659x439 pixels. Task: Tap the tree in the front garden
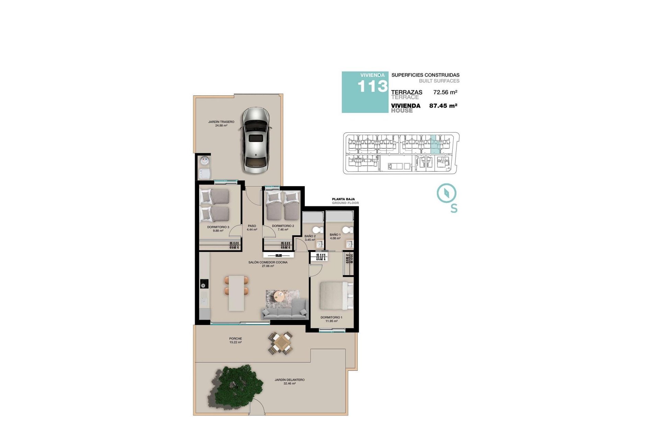pos(237,386)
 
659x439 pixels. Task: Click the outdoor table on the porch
pos(281,343)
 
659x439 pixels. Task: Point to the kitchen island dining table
pos(236,293)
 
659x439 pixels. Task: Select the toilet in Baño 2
pos(318,230)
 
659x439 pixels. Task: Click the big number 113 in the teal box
pos(372,86)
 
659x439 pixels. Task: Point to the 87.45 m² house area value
pos(443,106)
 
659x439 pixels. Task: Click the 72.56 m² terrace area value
pos(445,92)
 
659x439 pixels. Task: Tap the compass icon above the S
pos(447,193)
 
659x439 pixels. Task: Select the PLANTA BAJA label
pos(343,199)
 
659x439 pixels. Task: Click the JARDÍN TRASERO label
pos(221,122)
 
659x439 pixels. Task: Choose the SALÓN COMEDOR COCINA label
pos(268,262)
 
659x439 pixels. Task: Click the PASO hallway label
pos(252,226)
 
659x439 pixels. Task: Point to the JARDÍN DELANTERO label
pos(289,380)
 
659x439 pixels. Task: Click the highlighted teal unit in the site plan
pos(435,144)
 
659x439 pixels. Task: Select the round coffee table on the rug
pos(279,296)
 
